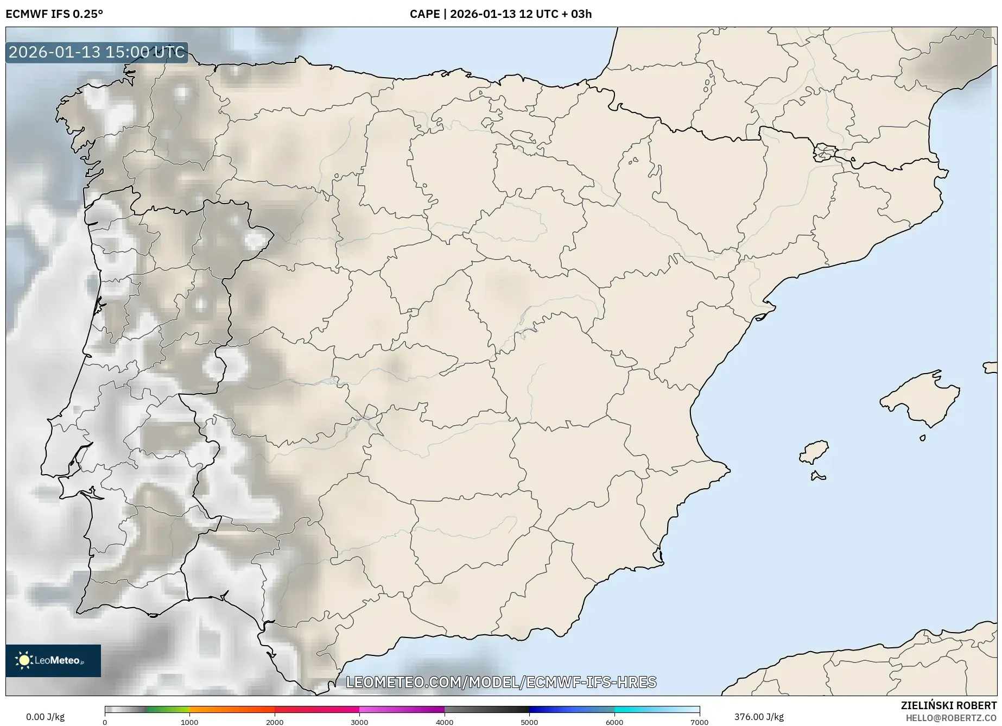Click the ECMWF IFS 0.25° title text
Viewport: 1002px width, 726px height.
(54, 14)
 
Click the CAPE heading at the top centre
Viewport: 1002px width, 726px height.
(500, 14)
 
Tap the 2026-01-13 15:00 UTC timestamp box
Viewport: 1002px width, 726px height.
(97, 52)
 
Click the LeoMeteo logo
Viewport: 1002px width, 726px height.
(53, 660)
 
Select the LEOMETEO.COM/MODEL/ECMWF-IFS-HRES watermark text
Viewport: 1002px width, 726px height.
(501, 682)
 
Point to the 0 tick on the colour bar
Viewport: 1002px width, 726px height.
(105, 722)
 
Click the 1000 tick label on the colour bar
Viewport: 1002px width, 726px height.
(189, 722)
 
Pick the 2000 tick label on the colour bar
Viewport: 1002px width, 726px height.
(275, 722)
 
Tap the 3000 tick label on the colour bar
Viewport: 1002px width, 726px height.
(359, 722)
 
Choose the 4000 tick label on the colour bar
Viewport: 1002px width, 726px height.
(445, 722)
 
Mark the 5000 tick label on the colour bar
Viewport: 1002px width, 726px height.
(529, 722)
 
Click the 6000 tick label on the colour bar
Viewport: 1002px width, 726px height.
(614, 722)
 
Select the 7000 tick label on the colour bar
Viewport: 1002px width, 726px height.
(699, 722)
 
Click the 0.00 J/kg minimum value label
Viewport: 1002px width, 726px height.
(45, 717)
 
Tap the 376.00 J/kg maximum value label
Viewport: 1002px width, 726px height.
(759, 717)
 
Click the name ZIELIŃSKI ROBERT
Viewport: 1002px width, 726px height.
(948, 705)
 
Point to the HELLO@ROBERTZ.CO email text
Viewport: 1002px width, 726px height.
(950, 718)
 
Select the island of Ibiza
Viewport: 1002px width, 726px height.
(815, 452)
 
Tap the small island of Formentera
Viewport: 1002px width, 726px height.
(817, 477)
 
